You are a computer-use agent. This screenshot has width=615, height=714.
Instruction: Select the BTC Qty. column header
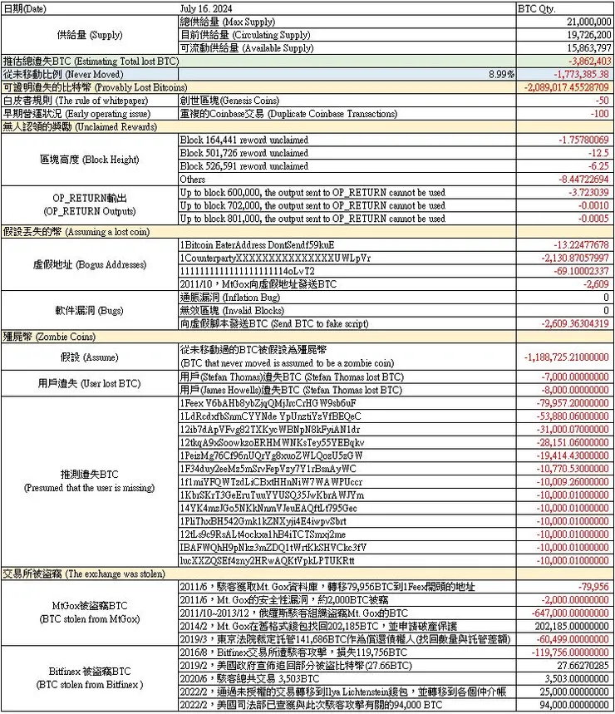[539, 8]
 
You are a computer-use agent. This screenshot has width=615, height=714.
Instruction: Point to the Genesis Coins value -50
[603, 100]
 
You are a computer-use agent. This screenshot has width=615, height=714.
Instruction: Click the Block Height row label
[90, 159]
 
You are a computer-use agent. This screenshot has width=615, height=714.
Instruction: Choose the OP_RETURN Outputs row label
[90, 204]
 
